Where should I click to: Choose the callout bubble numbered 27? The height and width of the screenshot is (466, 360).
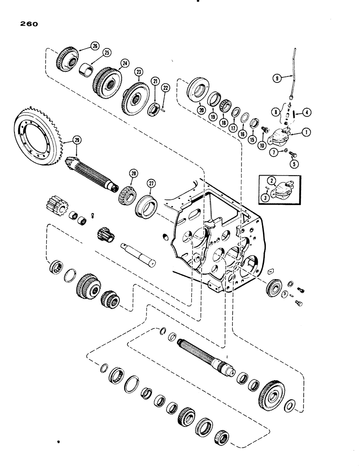(x=151, y=183)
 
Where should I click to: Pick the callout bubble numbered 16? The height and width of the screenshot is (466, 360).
(x=241, y=135)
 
